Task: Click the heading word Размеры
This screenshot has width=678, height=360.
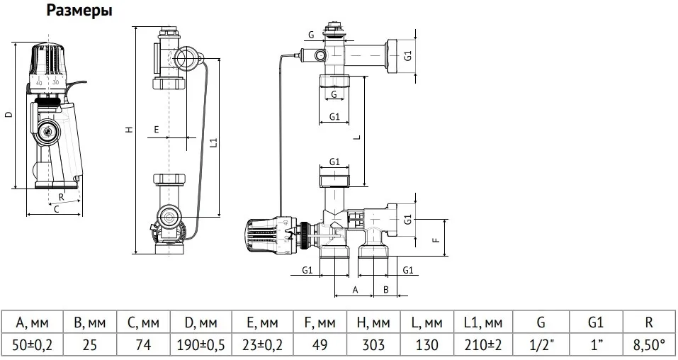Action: click(79, 11)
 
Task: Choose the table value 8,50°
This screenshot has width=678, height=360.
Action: click(648, 345)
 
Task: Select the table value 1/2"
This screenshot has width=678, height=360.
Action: click(541, 345)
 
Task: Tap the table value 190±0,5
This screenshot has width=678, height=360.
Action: click(199, 345)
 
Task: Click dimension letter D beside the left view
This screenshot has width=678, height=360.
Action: click(8, 114)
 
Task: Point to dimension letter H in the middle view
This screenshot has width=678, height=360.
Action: click(128, 130)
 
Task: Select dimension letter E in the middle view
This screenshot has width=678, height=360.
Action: click(156, 130)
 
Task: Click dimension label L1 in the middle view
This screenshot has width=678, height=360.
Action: click(213, 142)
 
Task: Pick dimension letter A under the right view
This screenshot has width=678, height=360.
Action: click(355, 289)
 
